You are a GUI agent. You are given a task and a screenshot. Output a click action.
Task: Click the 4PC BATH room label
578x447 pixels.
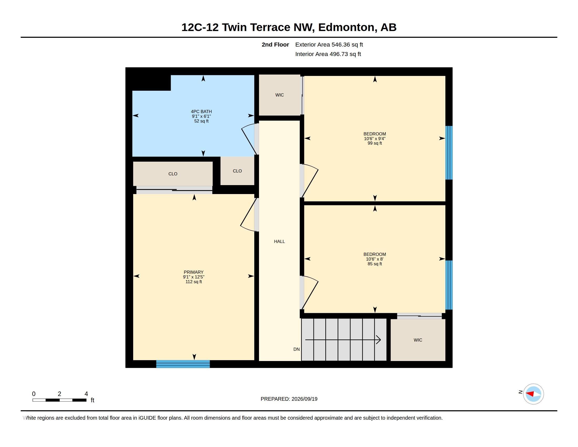tap(201, 111)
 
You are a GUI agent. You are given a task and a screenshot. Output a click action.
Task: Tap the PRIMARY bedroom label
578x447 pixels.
tap(193, 272)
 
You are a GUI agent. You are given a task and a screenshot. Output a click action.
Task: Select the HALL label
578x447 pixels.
tap(279, 241)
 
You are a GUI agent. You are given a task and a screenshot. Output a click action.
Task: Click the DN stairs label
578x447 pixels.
tap(296, 349)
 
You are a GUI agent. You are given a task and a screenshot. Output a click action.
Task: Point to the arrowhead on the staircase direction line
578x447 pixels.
tap(379, 340)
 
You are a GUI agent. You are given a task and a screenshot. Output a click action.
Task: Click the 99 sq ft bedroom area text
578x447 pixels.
tap(374, 143)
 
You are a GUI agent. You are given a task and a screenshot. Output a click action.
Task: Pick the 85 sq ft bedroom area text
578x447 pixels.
tap(374, 264)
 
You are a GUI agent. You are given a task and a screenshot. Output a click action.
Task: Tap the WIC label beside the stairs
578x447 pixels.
tap(418, 340)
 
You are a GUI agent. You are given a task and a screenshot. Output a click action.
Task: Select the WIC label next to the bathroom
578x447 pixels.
tap(280, 95)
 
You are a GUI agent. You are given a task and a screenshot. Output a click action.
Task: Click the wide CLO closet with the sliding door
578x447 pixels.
tap(173, 174)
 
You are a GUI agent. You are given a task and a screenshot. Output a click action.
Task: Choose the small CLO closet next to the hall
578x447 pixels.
tap(237, 171)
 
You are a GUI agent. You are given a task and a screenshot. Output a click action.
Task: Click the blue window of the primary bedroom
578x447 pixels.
tap(183, 364)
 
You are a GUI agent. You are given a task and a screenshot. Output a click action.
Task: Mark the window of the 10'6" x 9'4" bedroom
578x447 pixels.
tap(449, 153)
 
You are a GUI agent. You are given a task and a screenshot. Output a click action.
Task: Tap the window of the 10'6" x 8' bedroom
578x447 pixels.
tap(449, 285)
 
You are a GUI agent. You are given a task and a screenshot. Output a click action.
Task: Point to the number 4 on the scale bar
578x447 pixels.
tap(86, 394)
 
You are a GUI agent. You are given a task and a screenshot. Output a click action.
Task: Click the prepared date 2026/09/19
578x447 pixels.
tap(304, 399)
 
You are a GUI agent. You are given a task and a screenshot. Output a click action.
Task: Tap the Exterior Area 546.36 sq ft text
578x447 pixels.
tap(329, 45)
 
